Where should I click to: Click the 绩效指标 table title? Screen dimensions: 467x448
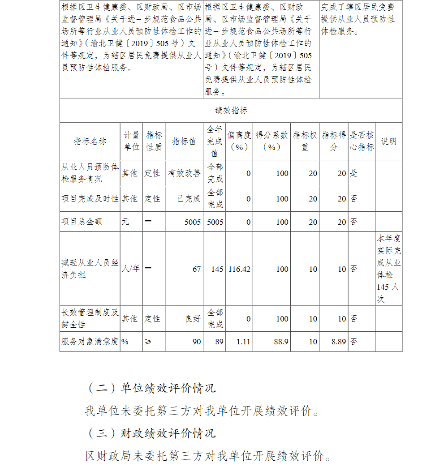tap(231, 111)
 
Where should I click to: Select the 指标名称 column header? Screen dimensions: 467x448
tap(90, 141)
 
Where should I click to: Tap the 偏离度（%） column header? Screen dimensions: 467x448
tap(239, 141)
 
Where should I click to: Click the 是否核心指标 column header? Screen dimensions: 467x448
tap(362, 141)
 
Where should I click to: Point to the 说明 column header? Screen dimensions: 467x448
tap(388, 141)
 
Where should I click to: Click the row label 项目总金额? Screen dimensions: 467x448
tap(82, 222)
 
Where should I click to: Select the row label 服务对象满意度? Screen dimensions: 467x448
tap(90, 342)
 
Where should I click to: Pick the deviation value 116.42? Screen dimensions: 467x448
tap(239, 269)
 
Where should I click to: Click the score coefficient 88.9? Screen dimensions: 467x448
tap(281, 342)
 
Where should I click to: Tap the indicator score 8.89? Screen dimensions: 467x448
tap(339, 342)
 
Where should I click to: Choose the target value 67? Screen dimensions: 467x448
tap(196, 269)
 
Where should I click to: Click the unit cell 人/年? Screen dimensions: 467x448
tap(130, 269)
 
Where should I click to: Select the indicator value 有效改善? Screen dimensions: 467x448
tap(184, 173)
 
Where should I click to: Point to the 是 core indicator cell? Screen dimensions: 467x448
tap(354, 173)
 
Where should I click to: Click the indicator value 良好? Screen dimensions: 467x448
tap(193, 319)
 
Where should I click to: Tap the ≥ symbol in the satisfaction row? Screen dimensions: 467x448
tap(148, 342)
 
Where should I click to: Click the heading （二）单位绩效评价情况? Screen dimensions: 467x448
tap(151, 388)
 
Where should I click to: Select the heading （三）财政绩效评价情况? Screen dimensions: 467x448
tap(151, 433)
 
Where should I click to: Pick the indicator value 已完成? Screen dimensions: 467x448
tap(189, 198)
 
